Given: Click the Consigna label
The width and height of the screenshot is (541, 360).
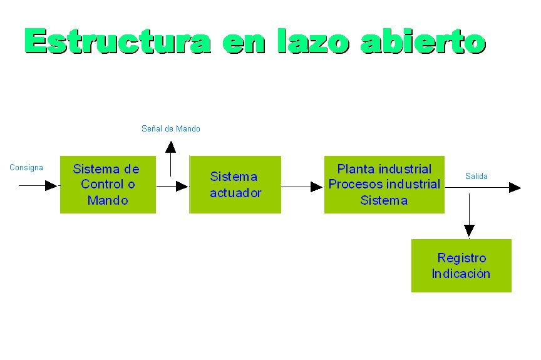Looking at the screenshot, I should (x=26, y=167).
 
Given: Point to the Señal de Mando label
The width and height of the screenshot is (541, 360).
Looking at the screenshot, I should (x=171, y=128).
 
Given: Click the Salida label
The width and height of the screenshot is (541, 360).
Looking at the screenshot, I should (x=477, y=176).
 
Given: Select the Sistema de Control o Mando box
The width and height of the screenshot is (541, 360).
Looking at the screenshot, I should (x=108, y=185).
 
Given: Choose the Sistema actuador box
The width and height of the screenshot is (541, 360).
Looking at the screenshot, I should (x=235, y=185).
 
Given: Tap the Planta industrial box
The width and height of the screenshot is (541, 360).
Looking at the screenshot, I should (x=384, y=185).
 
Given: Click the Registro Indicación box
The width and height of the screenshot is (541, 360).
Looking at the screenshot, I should (x=461, y=265).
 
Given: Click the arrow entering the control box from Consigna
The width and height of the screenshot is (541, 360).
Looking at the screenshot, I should (x=39, y=185).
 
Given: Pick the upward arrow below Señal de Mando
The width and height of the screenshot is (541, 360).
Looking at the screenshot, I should (x=170, y=158).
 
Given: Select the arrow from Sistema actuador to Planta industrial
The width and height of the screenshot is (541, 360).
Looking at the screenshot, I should (x=302, y=187).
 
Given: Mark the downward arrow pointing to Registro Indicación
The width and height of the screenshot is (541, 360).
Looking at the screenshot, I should (x=469, y=216).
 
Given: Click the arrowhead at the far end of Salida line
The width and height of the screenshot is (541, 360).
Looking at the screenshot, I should (x=515, y=187).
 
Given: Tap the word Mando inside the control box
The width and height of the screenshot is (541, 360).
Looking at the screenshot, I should (x=108, y=201).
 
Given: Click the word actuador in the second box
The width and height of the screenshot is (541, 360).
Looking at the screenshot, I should (x=235, y=193).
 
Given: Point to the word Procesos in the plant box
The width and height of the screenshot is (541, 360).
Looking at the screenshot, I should (x=351, y=185).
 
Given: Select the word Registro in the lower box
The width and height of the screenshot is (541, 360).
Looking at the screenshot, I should (x=461, y=257).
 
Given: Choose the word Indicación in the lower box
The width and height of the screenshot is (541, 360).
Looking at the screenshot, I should (x=461, y=274).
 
